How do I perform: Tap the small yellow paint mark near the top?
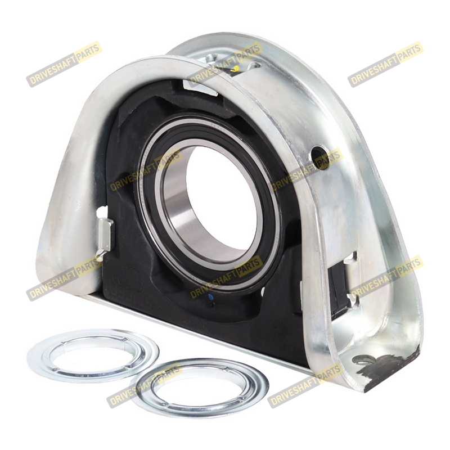point(236,68)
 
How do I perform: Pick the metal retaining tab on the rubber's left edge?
point(105,234)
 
